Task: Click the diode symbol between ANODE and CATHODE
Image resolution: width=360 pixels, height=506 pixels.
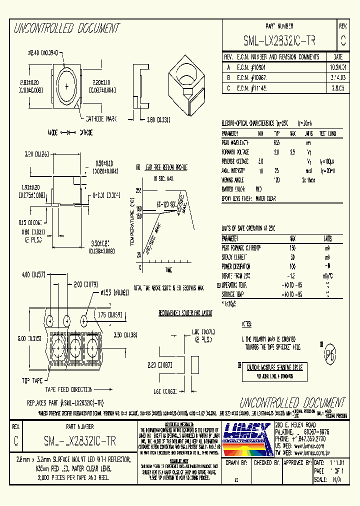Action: coord(67,133)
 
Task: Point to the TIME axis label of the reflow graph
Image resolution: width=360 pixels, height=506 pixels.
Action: coord(169,269)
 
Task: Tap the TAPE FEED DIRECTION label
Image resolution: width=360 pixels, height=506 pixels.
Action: coord(69,388)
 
